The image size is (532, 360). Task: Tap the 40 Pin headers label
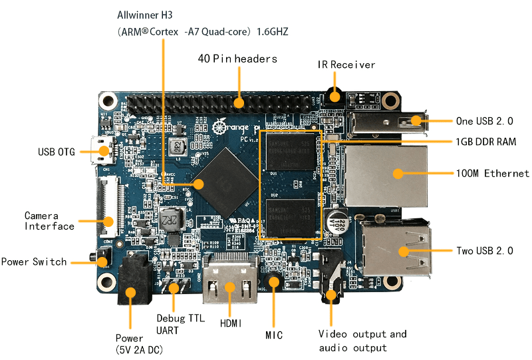tap(237, 59)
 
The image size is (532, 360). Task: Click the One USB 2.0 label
tap(485, 121)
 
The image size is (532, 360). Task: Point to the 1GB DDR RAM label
tap(486, 142)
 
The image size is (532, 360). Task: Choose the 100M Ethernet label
tap(493, 174)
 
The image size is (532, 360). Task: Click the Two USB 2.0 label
tap(485, 251)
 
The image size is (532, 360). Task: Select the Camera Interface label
tap(49, 221)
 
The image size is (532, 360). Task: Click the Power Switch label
tap(34, 262)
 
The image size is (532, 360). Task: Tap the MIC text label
tap(273, 335)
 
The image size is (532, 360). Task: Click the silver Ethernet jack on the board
tap(384, 174)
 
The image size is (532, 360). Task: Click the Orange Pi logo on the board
tap(238, 128)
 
